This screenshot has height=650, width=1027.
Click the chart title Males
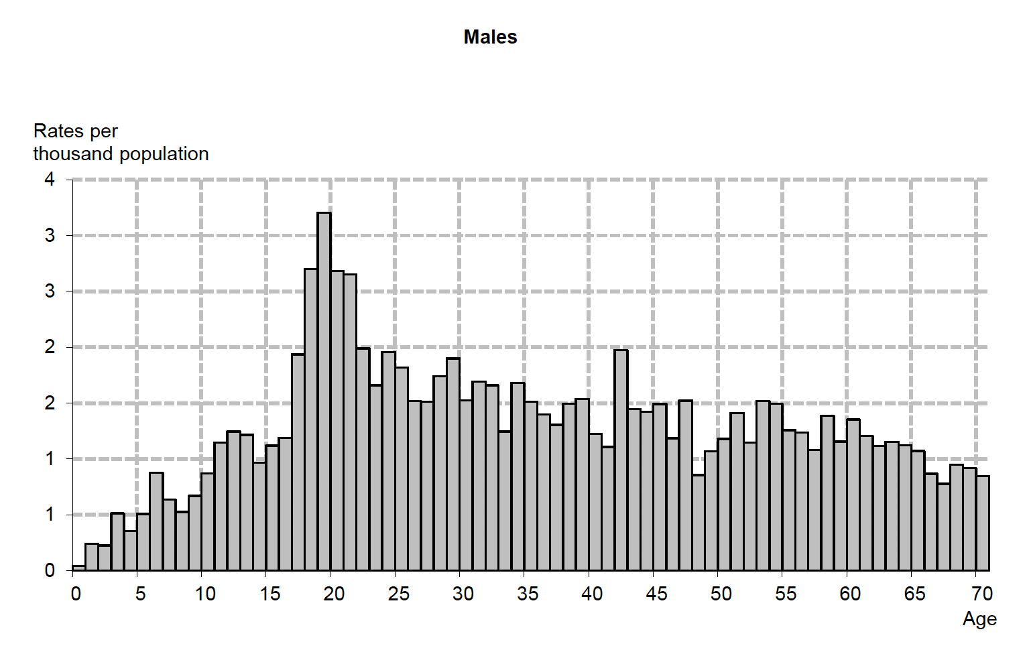pyautogui.click(x=490, y=37)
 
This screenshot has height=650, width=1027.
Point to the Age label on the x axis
pyautogui.click(x=979, y=619)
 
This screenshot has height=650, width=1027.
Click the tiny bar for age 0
pyautogui.click(x=78, y=568)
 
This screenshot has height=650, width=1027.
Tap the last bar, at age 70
pyautogui.click(x=983, y=523)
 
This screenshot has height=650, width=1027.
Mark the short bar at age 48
pyautogui.click(x=699, y=522)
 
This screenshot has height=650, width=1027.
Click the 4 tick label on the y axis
pyautogui.click(x=50, y=179)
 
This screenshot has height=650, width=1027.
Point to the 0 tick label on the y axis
pyautogui.click(x=50, y=570)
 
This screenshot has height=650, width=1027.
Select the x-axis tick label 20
pyautogui.click(x=334, y=594)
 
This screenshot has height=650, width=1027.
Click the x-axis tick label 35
pyautogui.click(x=528, y=594)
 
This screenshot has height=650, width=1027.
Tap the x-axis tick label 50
pyautogui.click(x=721, y=594)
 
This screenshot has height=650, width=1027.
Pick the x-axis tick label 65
pyautogui.click(x=915, y=594)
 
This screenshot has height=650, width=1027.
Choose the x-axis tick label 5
pyautogui.click(x=140, y=594)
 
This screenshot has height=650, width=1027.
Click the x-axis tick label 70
pyautogui.click(x=982, y=594)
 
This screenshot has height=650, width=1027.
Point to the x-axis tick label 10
pyautogui.click(x=205, y=594)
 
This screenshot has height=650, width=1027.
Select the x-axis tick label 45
pyautogui.click(x=657, y=594)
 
